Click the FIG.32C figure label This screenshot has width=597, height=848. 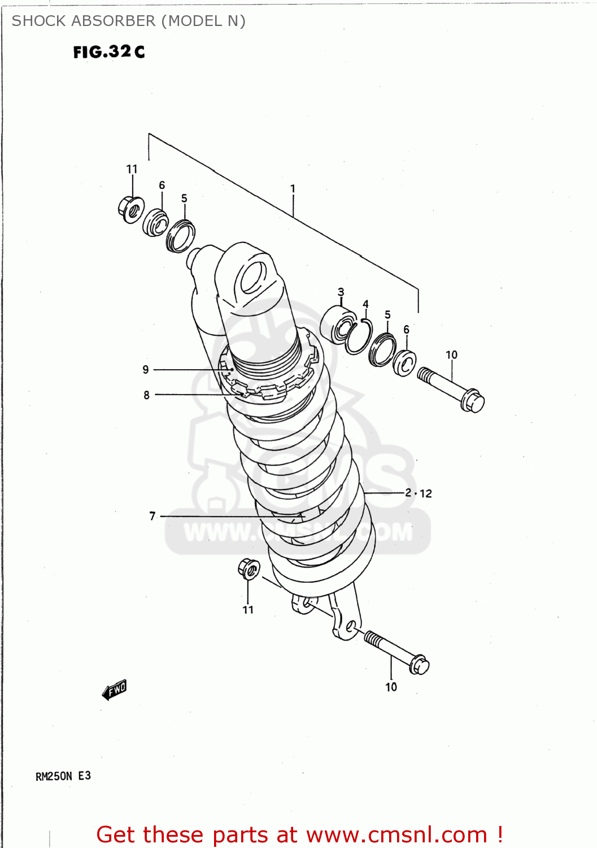109,52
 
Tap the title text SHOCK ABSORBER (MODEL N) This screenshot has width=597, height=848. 128,21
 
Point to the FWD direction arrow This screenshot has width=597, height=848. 115,690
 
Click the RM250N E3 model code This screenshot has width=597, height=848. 63,776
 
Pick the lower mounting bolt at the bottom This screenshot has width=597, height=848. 396,652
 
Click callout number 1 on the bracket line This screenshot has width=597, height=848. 293,188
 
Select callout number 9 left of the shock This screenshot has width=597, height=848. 146,370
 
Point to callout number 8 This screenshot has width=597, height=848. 146,395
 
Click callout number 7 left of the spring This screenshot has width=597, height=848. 152,516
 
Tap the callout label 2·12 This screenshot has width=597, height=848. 418,493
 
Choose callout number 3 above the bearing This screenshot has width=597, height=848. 341,292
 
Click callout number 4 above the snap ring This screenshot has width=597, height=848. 365,304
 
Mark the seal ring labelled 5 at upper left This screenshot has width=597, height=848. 181,236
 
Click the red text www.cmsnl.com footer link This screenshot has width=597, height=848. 396,834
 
